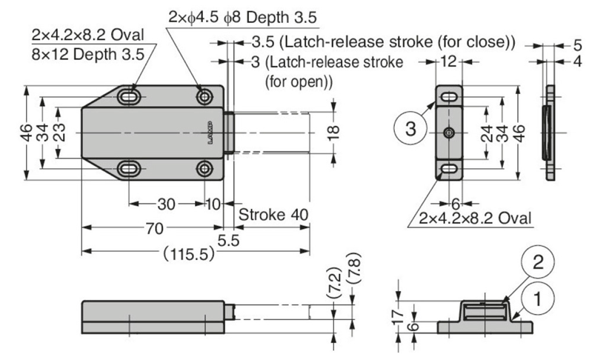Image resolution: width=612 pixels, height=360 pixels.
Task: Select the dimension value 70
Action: (153, 230)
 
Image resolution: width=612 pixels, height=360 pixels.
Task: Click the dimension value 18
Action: (333, 132)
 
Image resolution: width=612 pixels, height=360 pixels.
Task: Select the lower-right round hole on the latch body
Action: (203, 169)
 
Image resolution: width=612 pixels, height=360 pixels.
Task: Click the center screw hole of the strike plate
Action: (449, 132)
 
